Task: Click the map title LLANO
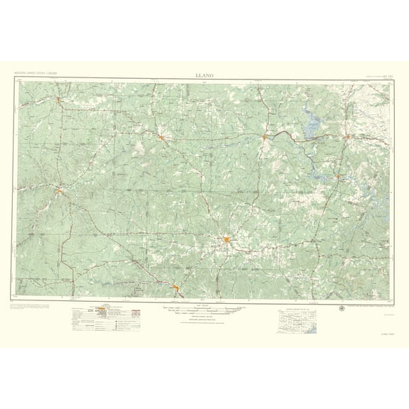[204, 73]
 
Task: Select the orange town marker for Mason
[163, 136]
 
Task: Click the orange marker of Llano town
[264, 136]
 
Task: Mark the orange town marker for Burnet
[347, 136]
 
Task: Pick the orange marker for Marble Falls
[339, 175]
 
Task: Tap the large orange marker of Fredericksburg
[227, 241]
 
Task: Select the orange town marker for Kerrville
[176, 287]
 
